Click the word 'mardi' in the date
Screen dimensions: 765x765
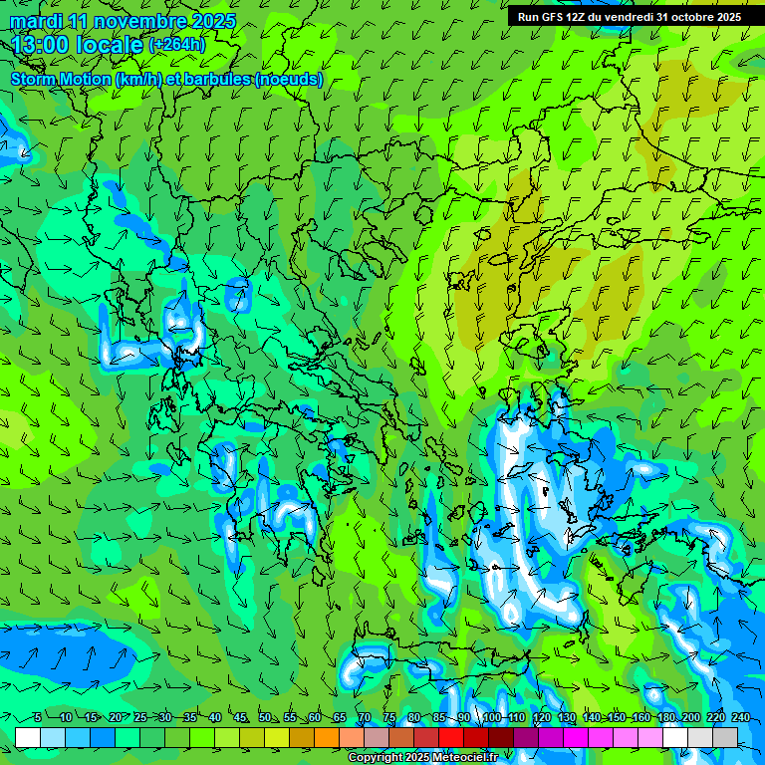click(x=33, y=21)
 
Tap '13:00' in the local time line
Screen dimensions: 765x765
click(x=42, y=44)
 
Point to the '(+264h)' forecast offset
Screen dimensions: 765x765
click(x=177, y=45)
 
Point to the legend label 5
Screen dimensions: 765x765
click(x=38, y=717)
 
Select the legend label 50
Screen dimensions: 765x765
click(x=264, y=717)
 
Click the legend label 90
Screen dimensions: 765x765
click(x=464, y=717)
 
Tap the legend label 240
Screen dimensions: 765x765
click(x=741, y=717)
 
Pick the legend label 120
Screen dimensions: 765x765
click(x=542, y=717)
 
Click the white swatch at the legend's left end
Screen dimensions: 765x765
click(x=28, y=737)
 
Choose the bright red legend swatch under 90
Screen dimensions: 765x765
click(x=451, y=737)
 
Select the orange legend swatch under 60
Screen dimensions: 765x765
click(x=302, y=737)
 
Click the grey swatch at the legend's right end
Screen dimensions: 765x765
click(x=725, y=737)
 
